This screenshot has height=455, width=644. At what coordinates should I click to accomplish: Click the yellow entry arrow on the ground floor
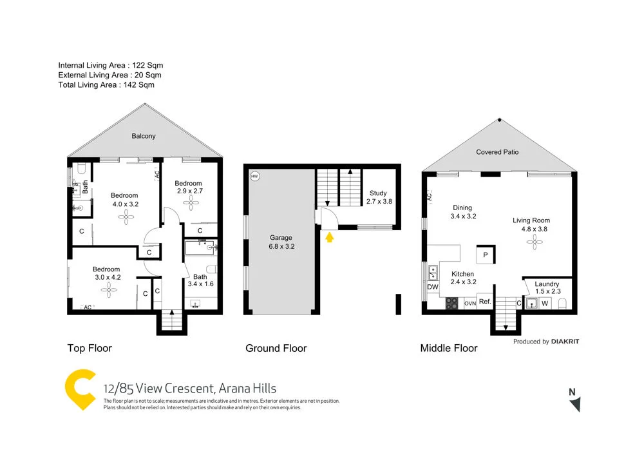click(x=330, y=238)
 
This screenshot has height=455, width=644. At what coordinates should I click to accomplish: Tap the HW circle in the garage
click(x=254, y=176)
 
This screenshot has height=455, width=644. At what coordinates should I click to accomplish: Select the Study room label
click(x=378, y=197)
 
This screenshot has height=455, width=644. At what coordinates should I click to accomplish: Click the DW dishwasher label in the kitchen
click(x=432, y=287)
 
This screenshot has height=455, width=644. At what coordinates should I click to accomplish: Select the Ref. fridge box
click(x=485, y=302)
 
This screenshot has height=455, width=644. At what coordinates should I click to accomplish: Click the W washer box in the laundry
click(x=544, y=303)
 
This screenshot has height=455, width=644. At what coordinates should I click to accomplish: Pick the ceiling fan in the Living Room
click(x=532, y=242)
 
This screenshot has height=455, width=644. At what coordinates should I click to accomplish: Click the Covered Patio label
click(x=497, y=152)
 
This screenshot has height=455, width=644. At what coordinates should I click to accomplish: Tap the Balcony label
click(x=144, y=136)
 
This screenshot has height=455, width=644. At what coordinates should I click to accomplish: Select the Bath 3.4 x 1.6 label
click(x=200, y=281)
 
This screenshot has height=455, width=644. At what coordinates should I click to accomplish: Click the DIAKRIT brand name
click(x=565, y=342)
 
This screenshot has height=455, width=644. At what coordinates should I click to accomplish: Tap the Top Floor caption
click(x=90, y=348)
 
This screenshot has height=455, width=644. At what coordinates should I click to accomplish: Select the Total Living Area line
click(x=106, y=84)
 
